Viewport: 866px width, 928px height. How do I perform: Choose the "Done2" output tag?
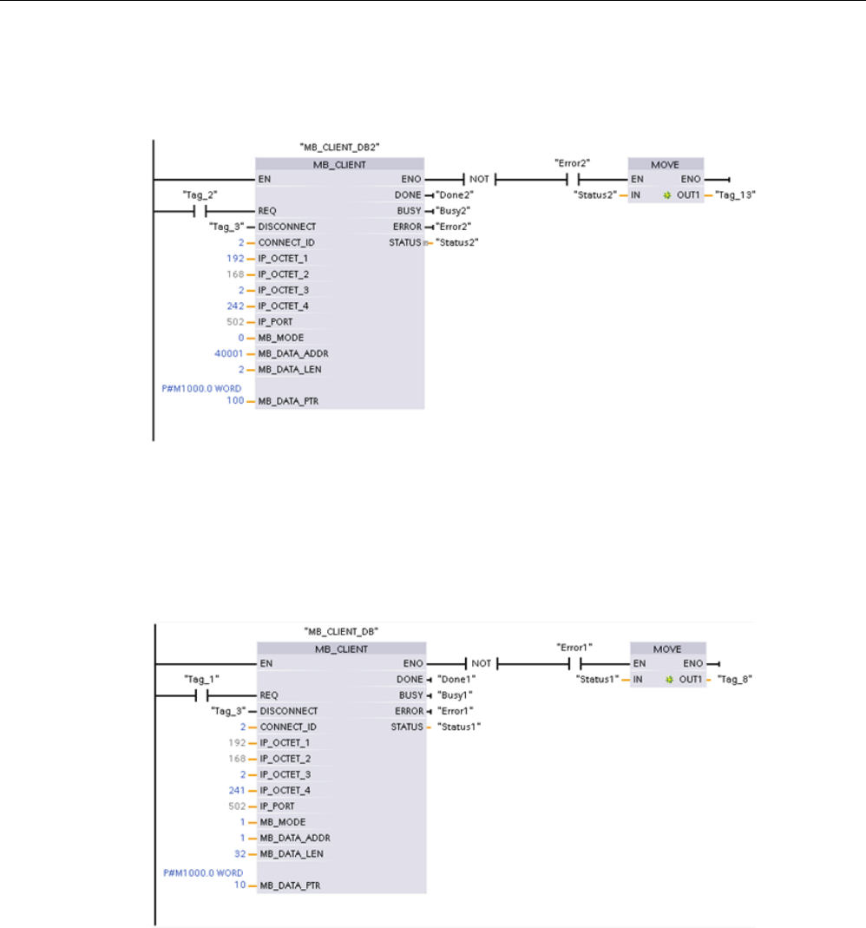[456, 194]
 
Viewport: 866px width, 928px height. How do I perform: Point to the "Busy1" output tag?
[455, 694]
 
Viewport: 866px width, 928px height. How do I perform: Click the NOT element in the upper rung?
[480, 179]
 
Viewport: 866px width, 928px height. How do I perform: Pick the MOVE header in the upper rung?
[666, 163]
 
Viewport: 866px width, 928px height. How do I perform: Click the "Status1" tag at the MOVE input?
[598, 679]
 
